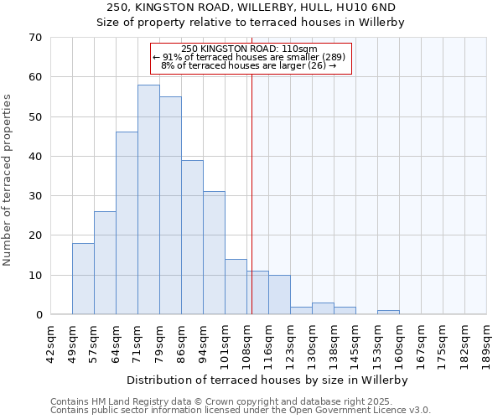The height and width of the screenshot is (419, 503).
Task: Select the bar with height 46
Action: point(127,223)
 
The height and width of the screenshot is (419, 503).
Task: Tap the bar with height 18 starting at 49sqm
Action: point(83,278)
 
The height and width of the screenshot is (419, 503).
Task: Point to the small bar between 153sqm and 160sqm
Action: point(388,313)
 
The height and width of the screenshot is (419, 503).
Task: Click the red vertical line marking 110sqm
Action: point(251,193)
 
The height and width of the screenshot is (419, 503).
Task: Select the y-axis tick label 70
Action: point(35,38)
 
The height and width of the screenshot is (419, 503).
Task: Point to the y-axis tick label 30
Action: point(35,196)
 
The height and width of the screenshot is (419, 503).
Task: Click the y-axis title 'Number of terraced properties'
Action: point(8,180)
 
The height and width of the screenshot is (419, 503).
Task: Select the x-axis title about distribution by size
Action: point(268,380)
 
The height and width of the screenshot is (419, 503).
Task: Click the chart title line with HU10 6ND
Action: point(251,8)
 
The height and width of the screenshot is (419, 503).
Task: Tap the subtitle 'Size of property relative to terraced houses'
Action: point(251,23)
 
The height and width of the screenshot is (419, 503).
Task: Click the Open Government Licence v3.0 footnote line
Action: point(241,411)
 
